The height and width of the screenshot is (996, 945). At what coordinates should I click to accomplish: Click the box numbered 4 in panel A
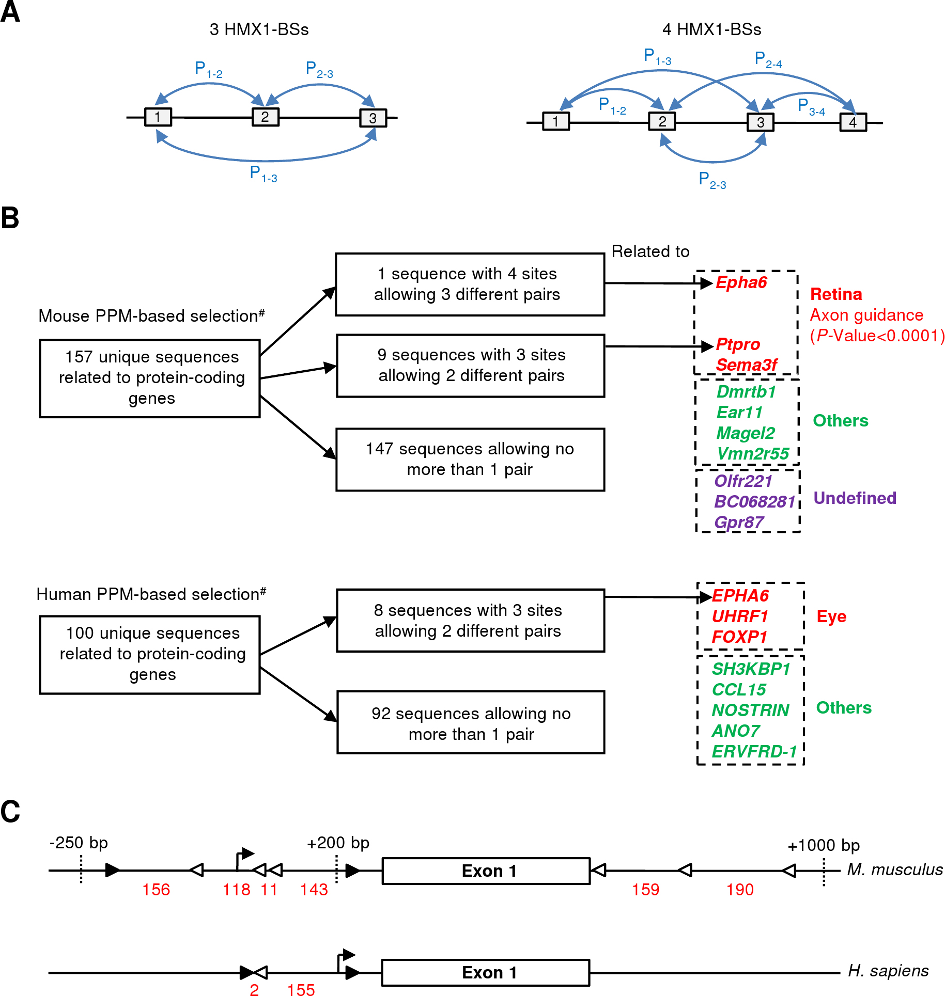pyautogui.click(x=853, y=122)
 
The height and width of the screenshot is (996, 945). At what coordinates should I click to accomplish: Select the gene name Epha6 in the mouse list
pyautogui.click(x=741, y=282)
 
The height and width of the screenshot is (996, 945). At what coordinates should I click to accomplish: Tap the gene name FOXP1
pyautogui.click(x=739, y=637)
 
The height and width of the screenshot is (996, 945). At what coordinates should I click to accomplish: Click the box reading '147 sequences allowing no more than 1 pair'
pyautogui.click(x=470, y=459)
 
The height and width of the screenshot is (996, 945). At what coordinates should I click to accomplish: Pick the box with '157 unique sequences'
pyautogui.click(x=150, y=378)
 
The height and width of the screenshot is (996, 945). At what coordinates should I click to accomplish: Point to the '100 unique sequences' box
pyautogui.click(x=150, y=654)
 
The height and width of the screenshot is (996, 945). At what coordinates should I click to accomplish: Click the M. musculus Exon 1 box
pyautogui.click(x=486, y=871)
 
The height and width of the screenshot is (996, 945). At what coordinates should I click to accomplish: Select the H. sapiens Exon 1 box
pyautogui.click(x=485, y=973)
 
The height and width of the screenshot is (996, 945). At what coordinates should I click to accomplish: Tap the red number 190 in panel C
pyautogui.click(x=740, y=890)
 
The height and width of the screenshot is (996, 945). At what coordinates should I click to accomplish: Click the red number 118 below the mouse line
pyautogui.click(x=236, y=890)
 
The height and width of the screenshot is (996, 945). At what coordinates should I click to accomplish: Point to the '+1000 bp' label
pyautogui.click(x=823, y=845)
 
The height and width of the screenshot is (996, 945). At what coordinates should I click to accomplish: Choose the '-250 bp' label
pyautogui.click(x=79, y=843)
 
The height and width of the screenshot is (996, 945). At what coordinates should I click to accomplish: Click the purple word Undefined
pyautogui.click(x=855, y=498)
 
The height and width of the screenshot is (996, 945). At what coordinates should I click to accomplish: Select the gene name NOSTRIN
pyautogui.click(x=750, y=710)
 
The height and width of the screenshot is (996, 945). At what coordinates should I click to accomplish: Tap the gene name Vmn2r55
pyautogui.click(x=752, y=453)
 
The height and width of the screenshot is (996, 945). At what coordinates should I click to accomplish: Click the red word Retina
pyautogui.click(x=836, y=294)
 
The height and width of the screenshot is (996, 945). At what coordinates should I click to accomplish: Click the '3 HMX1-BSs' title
pyautogui.click(x=259, y=29)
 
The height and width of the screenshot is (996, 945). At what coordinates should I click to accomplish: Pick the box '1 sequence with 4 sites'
pyautogui.click(x=470, y=284)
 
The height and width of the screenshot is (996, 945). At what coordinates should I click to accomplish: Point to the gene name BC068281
pyautogui.click(x=754, y=501)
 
